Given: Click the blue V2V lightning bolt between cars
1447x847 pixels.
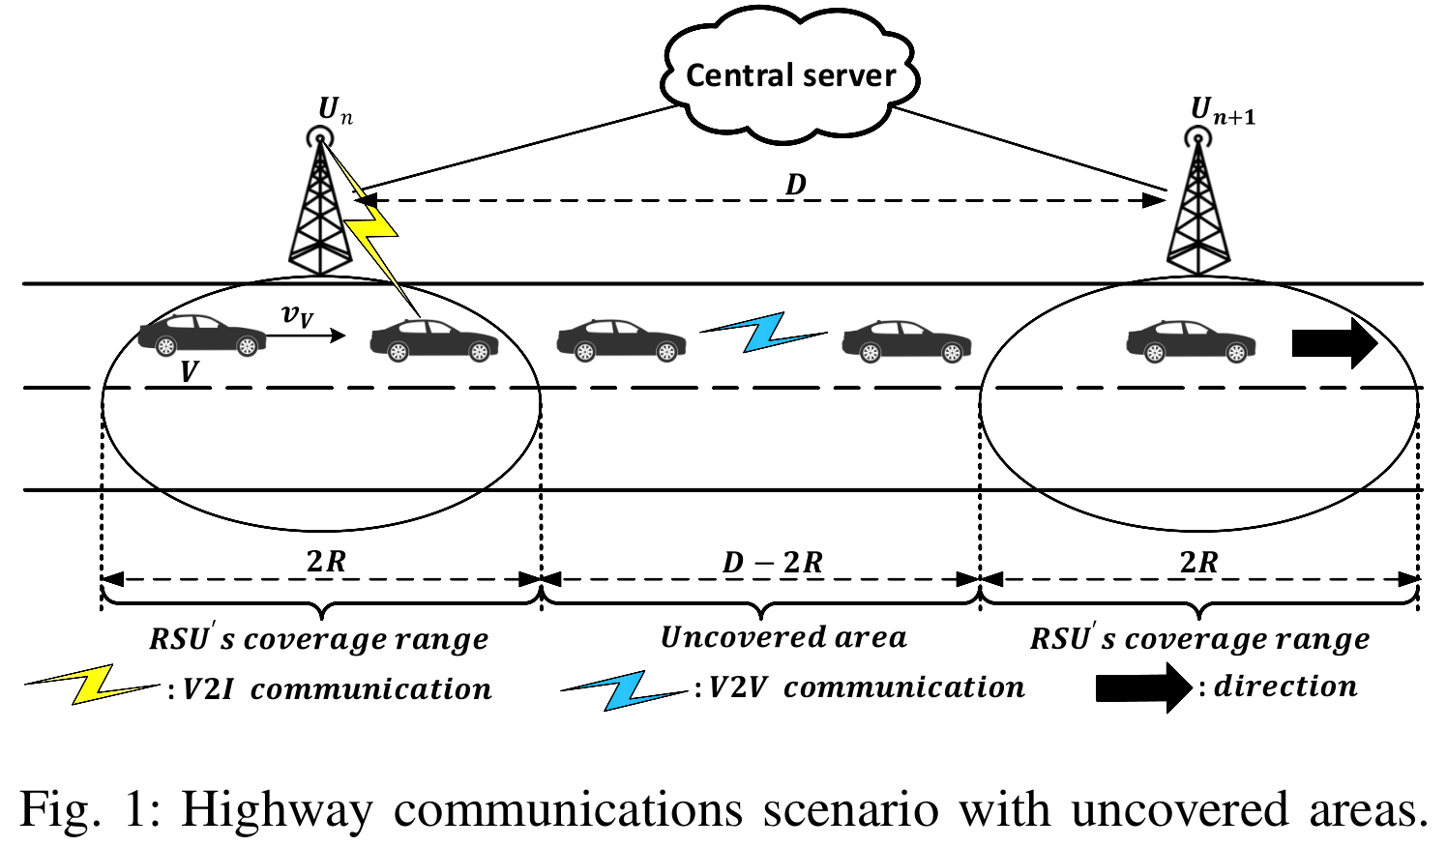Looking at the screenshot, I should (x=764, y=332).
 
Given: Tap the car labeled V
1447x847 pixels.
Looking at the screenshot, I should (x=202, y=336).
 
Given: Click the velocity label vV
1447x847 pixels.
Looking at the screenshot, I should (x=297, y=314).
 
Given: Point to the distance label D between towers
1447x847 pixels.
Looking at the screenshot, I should (x=795, y=184).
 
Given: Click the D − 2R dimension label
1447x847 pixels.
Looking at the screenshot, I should (x=773, y=562).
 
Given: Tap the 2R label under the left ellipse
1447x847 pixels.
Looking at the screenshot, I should (x=326, y=561).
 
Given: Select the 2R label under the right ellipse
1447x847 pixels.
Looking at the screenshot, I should (x=1198, y=562).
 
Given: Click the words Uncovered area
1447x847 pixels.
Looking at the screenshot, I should (x=783, y=637).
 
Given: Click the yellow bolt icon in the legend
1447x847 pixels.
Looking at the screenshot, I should (x=92, y=685).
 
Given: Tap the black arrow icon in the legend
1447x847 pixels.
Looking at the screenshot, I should (x=1142, y=687).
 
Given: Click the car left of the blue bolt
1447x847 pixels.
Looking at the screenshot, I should (x=621, y=341).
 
